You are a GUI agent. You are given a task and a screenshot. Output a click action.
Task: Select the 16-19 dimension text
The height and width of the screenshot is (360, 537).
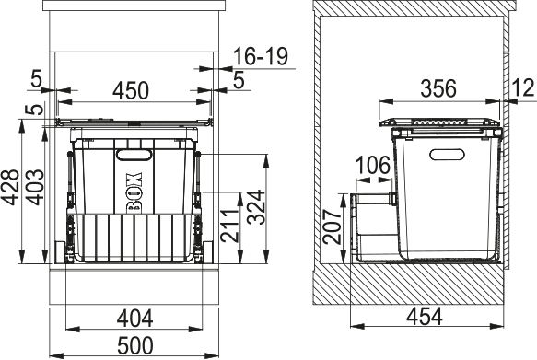[262, 56]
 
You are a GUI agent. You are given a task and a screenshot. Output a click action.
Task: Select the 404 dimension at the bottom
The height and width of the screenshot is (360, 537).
[136, 319]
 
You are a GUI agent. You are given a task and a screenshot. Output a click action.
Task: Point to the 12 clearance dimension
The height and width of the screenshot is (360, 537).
[522, 89]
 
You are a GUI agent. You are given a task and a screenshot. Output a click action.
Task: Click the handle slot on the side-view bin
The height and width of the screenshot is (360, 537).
[446, 153]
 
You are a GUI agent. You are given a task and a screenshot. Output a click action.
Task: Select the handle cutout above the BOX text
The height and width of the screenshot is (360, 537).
[135, 153]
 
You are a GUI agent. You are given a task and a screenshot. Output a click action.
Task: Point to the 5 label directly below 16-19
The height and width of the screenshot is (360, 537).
[238, 81]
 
